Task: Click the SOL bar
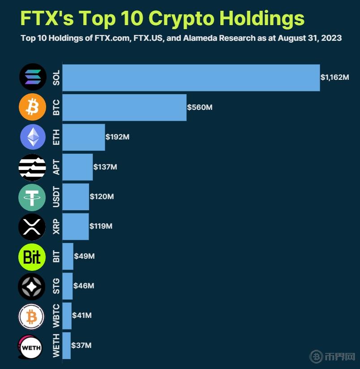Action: pos(191,78)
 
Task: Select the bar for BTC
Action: pos(124,107)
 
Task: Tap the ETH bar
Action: pos(83,137)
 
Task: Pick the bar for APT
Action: pos(77,167)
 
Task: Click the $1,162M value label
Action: pos(334,77)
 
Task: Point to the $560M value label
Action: pos(200,107)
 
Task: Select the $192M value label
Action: pos(117,137)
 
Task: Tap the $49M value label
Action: pos(84,256)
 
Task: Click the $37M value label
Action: pos(81,345)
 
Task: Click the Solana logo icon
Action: pos(33,77)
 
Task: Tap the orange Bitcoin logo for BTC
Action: pos(33,107)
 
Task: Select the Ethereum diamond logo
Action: pos(33,137)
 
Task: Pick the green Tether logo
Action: pos(32,197)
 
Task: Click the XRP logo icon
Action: pos(32,227)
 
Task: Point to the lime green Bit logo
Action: pos(32,256)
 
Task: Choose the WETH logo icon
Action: pos(30,346)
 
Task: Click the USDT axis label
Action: pos(56,197)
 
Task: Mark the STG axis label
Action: pos(56,286)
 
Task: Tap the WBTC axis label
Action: pos(56,316)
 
